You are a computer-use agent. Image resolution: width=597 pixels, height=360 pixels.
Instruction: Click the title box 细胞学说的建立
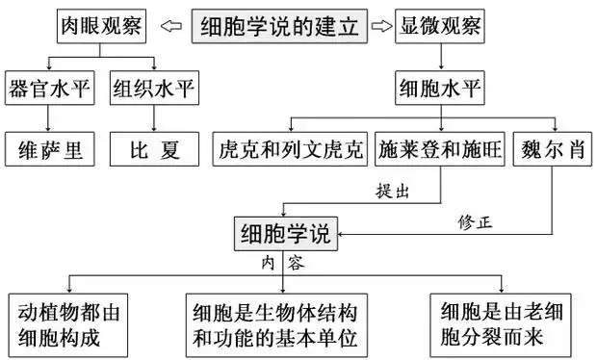click(279, 26)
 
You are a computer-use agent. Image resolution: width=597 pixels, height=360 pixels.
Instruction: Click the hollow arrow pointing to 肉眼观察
click(169, 26)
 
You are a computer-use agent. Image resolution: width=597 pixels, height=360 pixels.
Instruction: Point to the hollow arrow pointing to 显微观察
click(381, 26)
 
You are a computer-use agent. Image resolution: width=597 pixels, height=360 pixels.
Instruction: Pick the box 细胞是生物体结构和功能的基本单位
click(282, 323)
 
